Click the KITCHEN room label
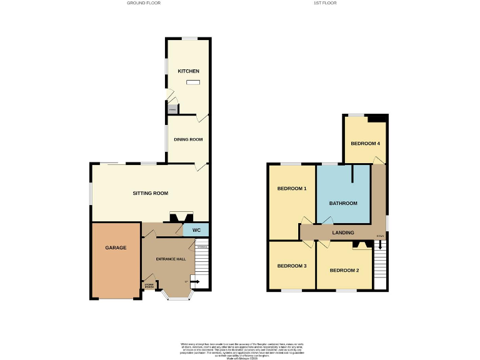[x=189, y=71]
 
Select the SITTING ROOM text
[x=151, y=193]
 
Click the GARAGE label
[x=116, y=247]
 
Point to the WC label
[x=196, y=231]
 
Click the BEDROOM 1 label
[x=292, y=188]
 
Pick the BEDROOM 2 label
[x=344, y=270]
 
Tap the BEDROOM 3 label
[x=292, y=266]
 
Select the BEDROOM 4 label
[x=366, y=144]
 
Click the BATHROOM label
[x=344, y=203]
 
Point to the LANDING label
[x=343, y=232]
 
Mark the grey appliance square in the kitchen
[x=172, y=109]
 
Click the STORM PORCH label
[x=149, y=286]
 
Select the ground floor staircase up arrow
[x=187, y=281]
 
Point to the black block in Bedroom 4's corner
[x=377, y=119]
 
